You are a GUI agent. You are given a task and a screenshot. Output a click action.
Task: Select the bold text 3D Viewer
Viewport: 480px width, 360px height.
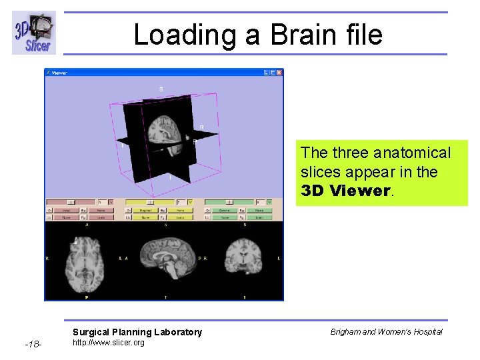[x=345, y=191]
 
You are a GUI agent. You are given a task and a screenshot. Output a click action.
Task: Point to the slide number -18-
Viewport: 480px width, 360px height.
[x=33, y=344]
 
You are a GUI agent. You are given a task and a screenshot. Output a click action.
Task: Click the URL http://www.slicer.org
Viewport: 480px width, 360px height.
[x=108, y=343]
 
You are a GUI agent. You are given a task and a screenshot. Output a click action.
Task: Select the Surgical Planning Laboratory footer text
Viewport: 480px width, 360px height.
[x=137, y=332]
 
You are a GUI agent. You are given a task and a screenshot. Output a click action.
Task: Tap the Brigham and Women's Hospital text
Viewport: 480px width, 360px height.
[x=386, y=331]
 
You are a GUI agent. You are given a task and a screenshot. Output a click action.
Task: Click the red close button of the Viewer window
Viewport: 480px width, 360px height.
[x=279, y=72]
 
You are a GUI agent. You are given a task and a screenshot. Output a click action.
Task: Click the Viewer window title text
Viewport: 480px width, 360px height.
[x=59, y=72]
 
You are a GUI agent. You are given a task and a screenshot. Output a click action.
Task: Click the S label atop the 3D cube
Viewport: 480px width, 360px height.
[x=161, y=89]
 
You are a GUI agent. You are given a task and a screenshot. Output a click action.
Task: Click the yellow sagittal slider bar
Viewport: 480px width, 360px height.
[x=150, y=201]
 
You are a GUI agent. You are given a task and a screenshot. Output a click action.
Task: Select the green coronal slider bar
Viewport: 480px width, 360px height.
[x=229, y=201]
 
